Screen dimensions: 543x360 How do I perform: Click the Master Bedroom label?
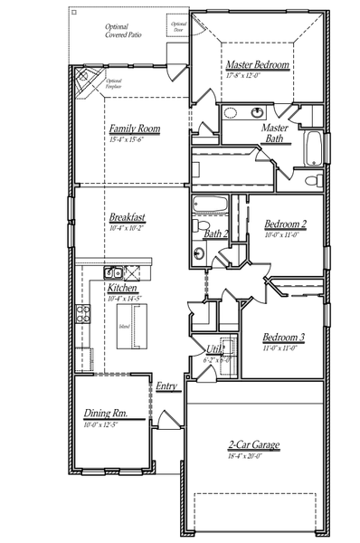(x=258, y=65)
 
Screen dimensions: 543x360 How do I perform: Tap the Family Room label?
(x=135, y=129)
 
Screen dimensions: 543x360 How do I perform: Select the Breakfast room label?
(x=128, y=218)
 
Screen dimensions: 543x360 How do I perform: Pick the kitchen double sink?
(x=113, y=271)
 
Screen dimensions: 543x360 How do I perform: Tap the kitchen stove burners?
(x=84, y=314)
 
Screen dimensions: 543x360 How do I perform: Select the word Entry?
(x=167, y=386)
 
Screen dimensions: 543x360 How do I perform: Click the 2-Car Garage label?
(x=253, y=445)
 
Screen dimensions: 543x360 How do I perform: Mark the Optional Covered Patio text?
(x=121, y=32)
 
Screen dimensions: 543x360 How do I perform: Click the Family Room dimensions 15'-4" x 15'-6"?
(x=134, y=139)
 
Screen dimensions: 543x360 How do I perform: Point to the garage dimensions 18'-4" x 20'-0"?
(x=253, y=456)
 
